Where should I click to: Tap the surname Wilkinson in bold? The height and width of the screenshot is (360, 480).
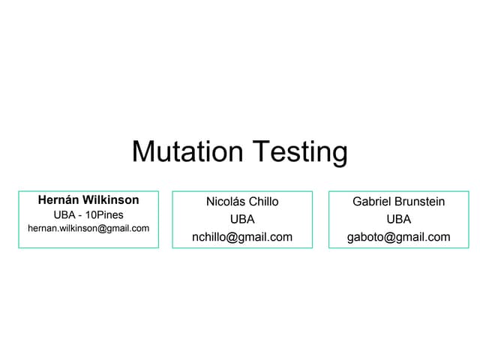[110, 200]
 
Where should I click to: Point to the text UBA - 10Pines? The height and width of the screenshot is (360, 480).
[88, 214]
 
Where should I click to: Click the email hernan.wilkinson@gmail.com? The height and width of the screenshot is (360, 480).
[88, 228]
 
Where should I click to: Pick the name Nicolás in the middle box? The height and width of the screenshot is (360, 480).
[225, 202]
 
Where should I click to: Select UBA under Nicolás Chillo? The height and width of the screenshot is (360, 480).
[242, 219]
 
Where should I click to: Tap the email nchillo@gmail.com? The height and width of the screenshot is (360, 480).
[242, 237]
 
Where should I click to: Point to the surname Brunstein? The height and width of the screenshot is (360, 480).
[420, 202]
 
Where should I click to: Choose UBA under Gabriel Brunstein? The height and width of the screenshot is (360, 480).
[398, 219]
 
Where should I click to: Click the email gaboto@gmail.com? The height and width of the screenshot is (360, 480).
[398, 237]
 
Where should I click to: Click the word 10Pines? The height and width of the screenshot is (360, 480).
[104, 214]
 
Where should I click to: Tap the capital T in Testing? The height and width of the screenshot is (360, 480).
[259, 151]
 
